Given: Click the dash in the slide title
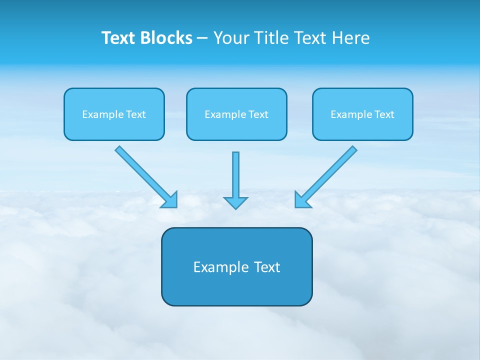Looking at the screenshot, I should (202, 38).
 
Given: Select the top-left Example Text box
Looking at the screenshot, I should (114, 114).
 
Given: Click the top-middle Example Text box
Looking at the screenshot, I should (236, 114).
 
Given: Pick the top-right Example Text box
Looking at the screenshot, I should (362, 114).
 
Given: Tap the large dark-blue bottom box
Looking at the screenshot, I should (236, 266).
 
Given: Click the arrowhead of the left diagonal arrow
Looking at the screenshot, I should (171, 201).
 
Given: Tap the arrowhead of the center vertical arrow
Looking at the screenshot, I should (235, 202).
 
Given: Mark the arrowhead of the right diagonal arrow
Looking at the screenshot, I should (301, 201).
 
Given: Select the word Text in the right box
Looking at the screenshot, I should (384, 114).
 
